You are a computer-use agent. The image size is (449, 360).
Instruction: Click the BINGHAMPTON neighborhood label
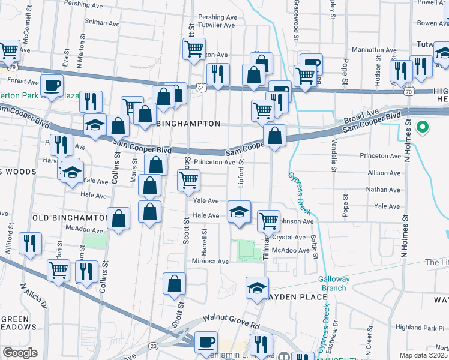point(188,124)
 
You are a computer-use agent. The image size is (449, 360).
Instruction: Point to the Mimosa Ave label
point(210,262)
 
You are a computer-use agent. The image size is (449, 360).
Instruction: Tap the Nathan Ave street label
point(384,190)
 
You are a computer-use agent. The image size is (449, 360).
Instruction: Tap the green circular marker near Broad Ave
point(423,127)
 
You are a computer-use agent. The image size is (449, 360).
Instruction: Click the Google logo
point(19,353)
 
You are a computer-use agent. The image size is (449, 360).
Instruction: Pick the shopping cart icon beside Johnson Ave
point(268,220)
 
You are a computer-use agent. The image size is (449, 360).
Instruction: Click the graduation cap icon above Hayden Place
point(257,287)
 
